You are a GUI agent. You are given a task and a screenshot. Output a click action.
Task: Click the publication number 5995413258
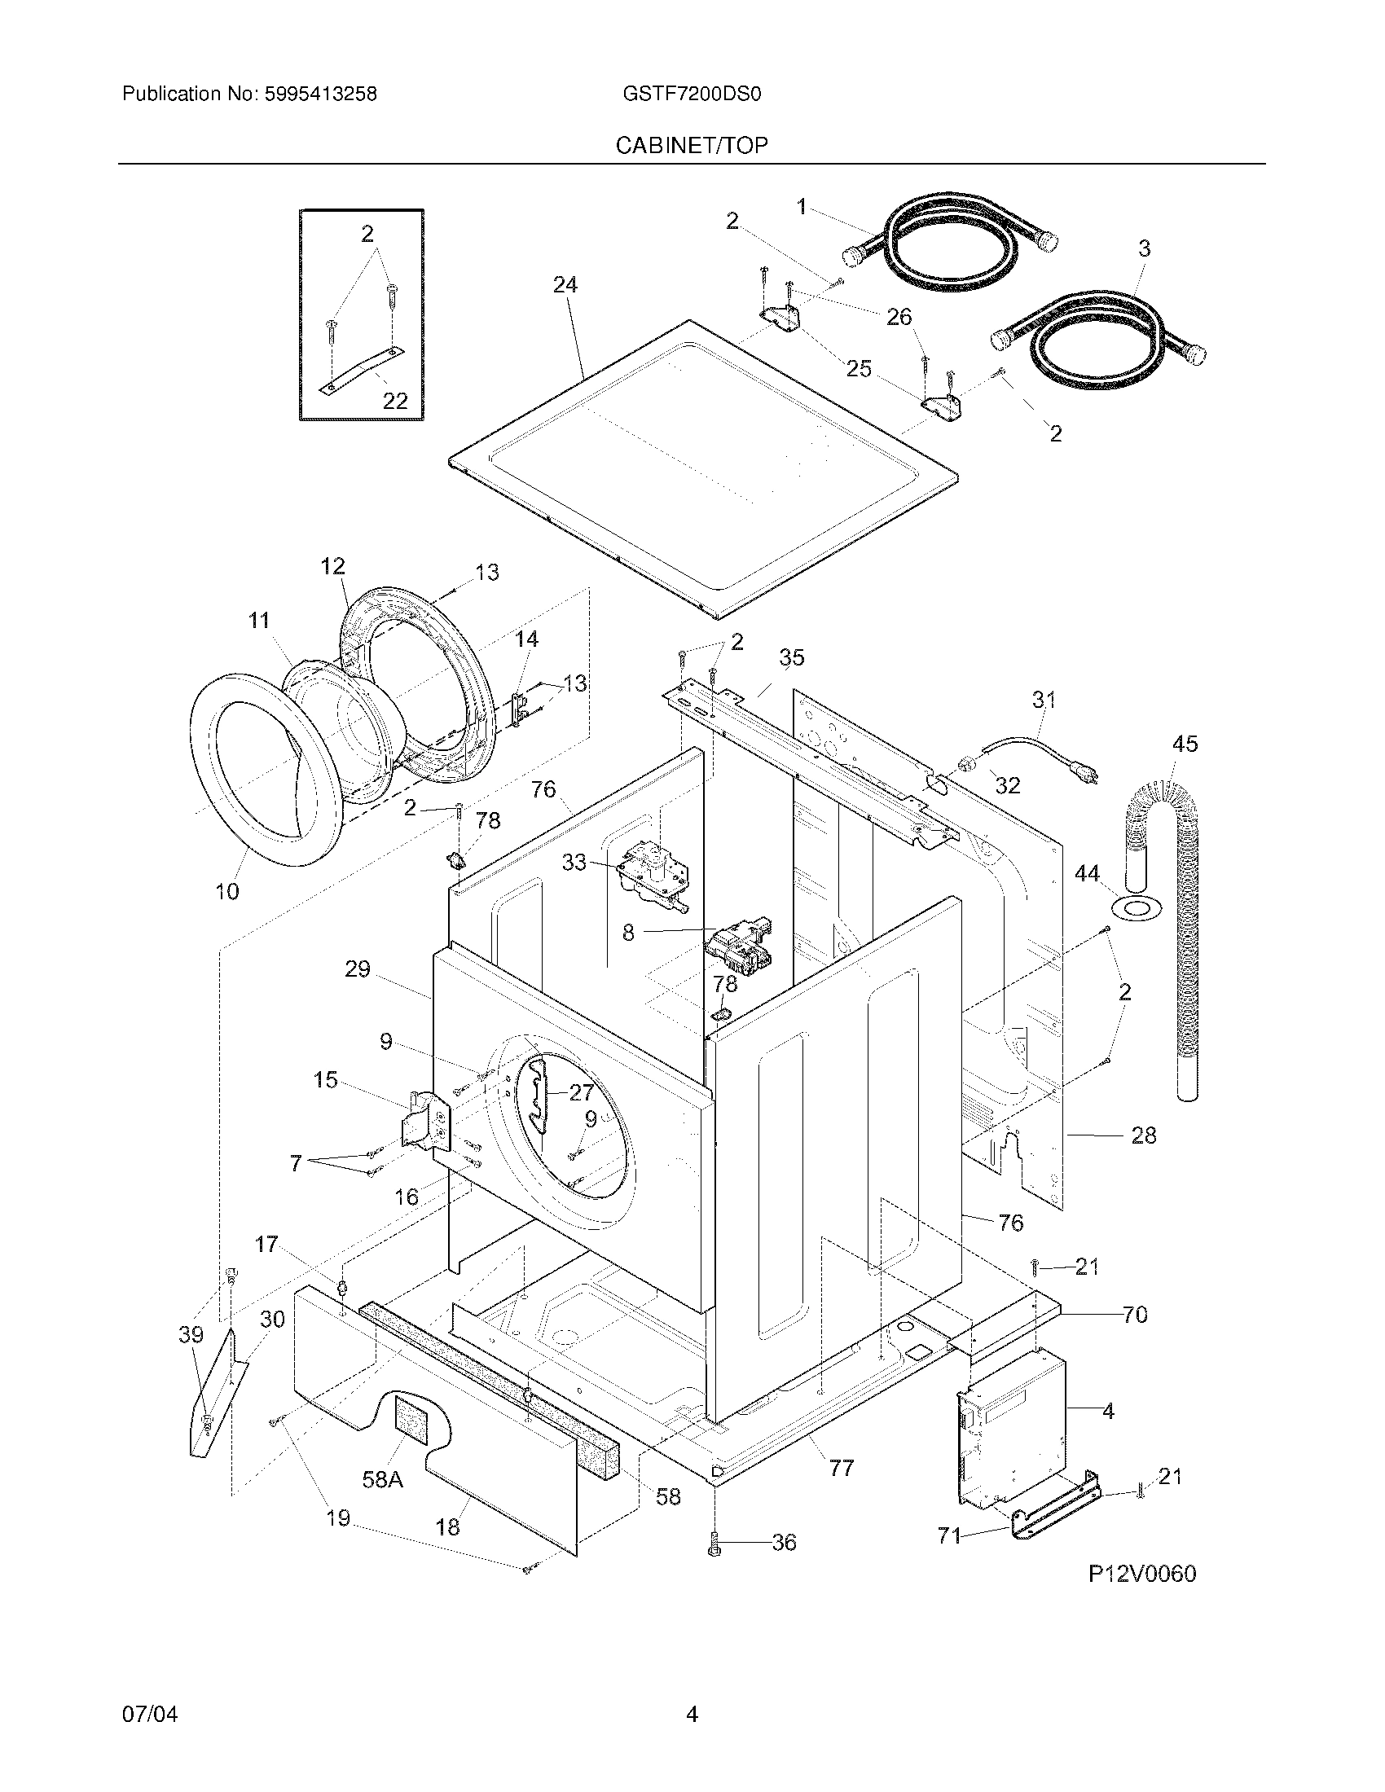[x=320, y=94]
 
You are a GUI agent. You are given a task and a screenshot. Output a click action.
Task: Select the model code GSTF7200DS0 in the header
[x=692, y=94]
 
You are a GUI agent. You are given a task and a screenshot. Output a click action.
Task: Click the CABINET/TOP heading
[x=692, y=146]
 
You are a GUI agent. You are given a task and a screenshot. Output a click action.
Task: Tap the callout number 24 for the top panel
[x=565, y=285]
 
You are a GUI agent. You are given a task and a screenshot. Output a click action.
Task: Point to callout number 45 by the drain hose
[x=1185, y=744]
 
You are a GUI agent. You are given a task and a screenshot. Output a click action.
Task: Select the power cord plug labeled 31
[x=1083, y=772]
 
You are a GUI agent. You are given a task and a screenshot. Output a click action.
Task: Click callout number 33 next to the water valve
[x=574, y=862]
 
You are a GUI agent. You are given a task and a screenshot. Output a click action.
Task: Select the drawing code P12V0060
[x=1142, y=1574]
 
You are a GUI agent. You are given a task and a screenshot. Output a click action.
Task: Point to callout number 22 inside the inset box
[x=395, y=401]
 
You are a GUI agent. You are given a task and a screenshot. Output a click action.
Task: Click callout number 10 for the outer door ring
[x=227, y=891]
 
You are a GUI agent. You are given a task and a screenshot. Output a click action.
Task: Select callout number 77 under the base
[x=842, y=1468]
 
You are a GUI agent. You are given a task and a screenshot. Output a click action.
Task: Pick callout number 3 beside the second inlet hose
[x=1145, y=248]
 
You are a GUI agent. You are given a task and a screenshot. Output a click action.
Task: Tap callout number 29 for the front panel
[x=358, y=969]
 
